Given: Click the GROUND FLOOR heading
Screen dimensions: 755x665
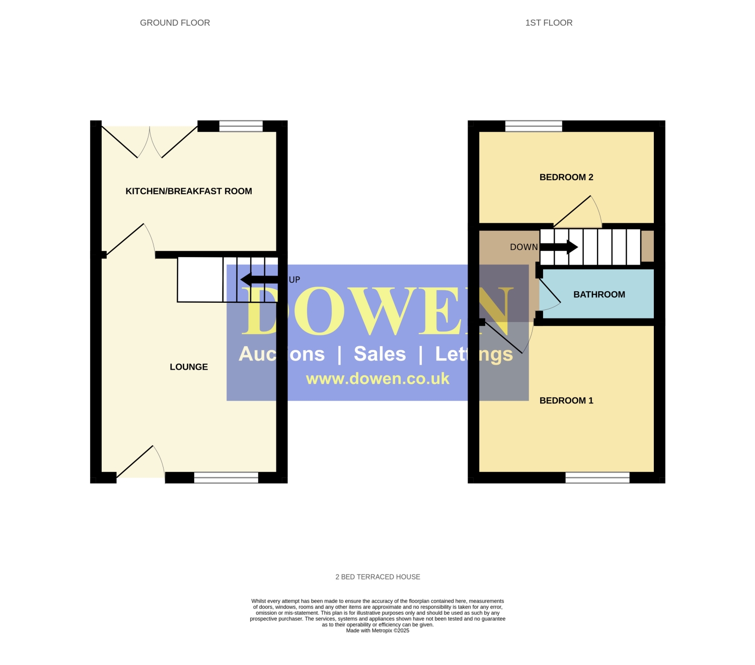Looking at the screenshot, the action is coord(175,23).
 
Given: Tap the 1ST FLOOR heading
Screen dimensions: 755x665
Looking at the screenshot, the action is coord(549,23).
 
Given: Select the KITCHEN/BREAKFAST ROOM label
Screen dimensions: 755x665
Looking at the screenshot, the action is coord(189,191).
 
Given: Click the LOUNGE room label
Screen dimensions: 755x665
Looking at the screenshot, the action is coord(189,367).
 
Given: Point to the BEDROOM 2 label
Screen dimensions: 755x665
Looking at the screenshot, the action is coord(566,178).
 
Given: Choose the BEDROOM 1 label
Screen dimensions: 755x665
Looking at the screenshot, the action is coord(566,400).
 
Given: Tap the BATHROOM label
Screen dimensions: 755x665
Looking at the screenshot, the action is coord(599,295).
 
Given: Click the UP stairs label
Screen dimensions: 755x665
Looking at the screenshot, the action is coord(294,280).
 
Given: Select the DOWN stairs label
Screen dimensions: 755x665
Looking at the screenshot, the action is coord(523,247).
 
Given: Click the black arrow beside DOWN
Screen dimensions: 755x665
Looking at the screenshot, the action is coord(559,247).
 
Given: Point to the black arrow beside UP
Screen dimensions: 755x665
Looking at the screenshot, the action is coord(259,279).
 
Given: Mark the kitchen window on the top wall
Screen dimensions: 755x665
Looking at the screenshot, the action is coord(241,126).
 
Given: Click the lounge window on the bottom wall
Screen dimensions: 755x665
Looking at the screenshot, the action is coord(226,477).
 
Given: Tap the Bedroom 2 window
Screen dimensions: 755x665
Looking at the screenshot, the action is coord(533,126).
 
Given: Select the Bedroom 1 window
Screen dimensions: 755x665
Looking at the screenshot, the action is coord(597,477).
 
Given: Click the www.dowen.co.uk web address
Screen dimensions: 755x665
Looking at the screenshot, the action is coord(377,379).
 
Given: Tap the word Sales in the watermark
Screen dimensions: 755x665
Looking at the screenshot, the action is coord(380,354).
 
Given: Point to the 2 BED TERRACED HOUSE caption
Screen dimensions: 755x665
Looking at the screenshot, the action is coord(377,576).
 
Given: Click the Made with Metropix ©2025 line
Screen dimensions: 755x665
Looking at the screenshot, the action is coord(377,630).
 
